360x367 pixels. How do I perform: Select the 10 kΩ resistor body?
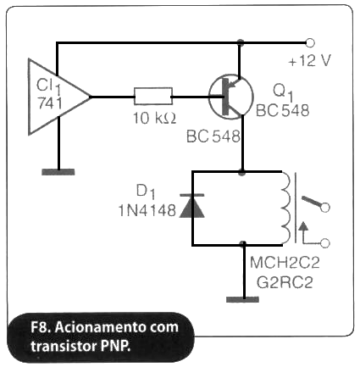pyautogui.click(x=153, y=97)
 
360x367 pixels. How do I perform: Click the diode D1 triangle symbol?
pyautogui.click(x=192, y=206)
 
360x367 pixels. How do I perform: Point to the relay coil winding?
pyautogui.click(x=285, y=208)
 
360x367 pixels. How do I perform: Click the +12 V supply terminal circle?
pyautogui.click(x=310, y=42)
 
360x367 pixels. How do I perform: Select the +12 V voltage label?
pyautogui.click(x=309, y=60)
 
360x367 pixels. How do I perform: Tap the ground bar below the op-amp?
pyautogui.click(x=58, y=172)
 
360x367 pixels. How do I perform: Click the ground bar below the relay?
pyautogui.click(x=242, y=299)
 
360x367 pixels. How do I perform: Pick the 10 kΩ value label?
pyautogui.click(x=155, y=118)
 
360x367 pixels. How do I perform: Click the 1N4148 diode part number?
pyautogui.click(x=147, y=210)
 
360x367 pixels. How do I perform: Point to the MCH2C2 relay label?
pyautogui.click(x=285, y=263)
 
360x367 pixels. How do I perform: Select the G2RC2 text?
pyautogui.click(x=285, y=282)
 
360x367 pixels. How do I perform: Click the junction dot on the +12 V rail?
pyautogui.click(x=240, y=42)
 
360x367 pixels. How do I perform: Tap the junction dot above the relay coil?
pyautogui.click(x=241, y=172)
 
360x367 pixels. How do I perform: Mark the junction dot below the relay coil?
pyautogui.click(x=243, y=244)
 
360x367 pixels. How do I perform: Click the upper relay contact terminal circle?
pyautogui.click(x=325, y=208)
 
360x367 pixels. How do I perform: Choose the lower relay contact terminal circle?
pyautogui.click(x=325, y=243)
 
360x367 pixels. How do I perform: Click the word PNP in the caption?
pyautogui.click(x=116, y=346)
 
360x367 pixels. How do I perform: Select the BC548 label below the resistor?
pyautogui.click(x=213, y=136)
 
